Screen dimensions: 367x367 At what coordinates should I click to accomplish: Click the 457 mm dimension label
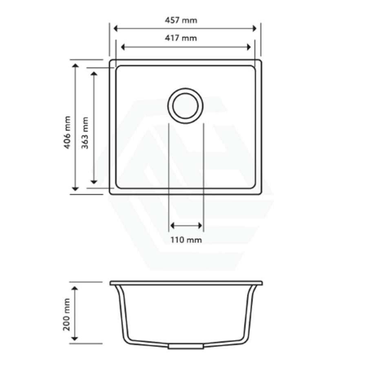click(181, 20)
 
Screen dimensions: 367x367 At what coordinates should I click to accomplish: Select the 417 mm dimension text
click(181, 38)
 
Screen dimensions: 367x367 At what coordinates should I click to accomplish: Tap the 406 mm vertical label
click(67, 133)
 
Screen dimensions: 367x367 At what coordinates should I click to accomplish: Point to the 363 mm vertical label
click(85, 133)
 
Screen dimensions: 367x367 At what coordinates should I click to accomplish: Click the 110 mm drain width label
click(186, 240)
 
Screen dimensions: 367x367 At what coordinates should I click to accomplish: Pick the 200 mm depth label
click(66, 314)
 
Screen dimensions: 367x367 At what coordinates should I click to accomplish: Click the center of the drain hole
click(186, 106)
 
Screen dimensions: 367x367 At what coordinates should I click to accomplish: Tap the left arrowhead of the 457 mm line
click(115, 29)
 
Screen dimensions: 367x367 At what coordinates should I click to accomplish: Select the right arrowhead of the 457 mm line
click(254, 29)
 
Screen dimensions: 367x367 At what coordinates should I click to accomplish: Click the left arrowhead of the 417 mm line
click(123, 47)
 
